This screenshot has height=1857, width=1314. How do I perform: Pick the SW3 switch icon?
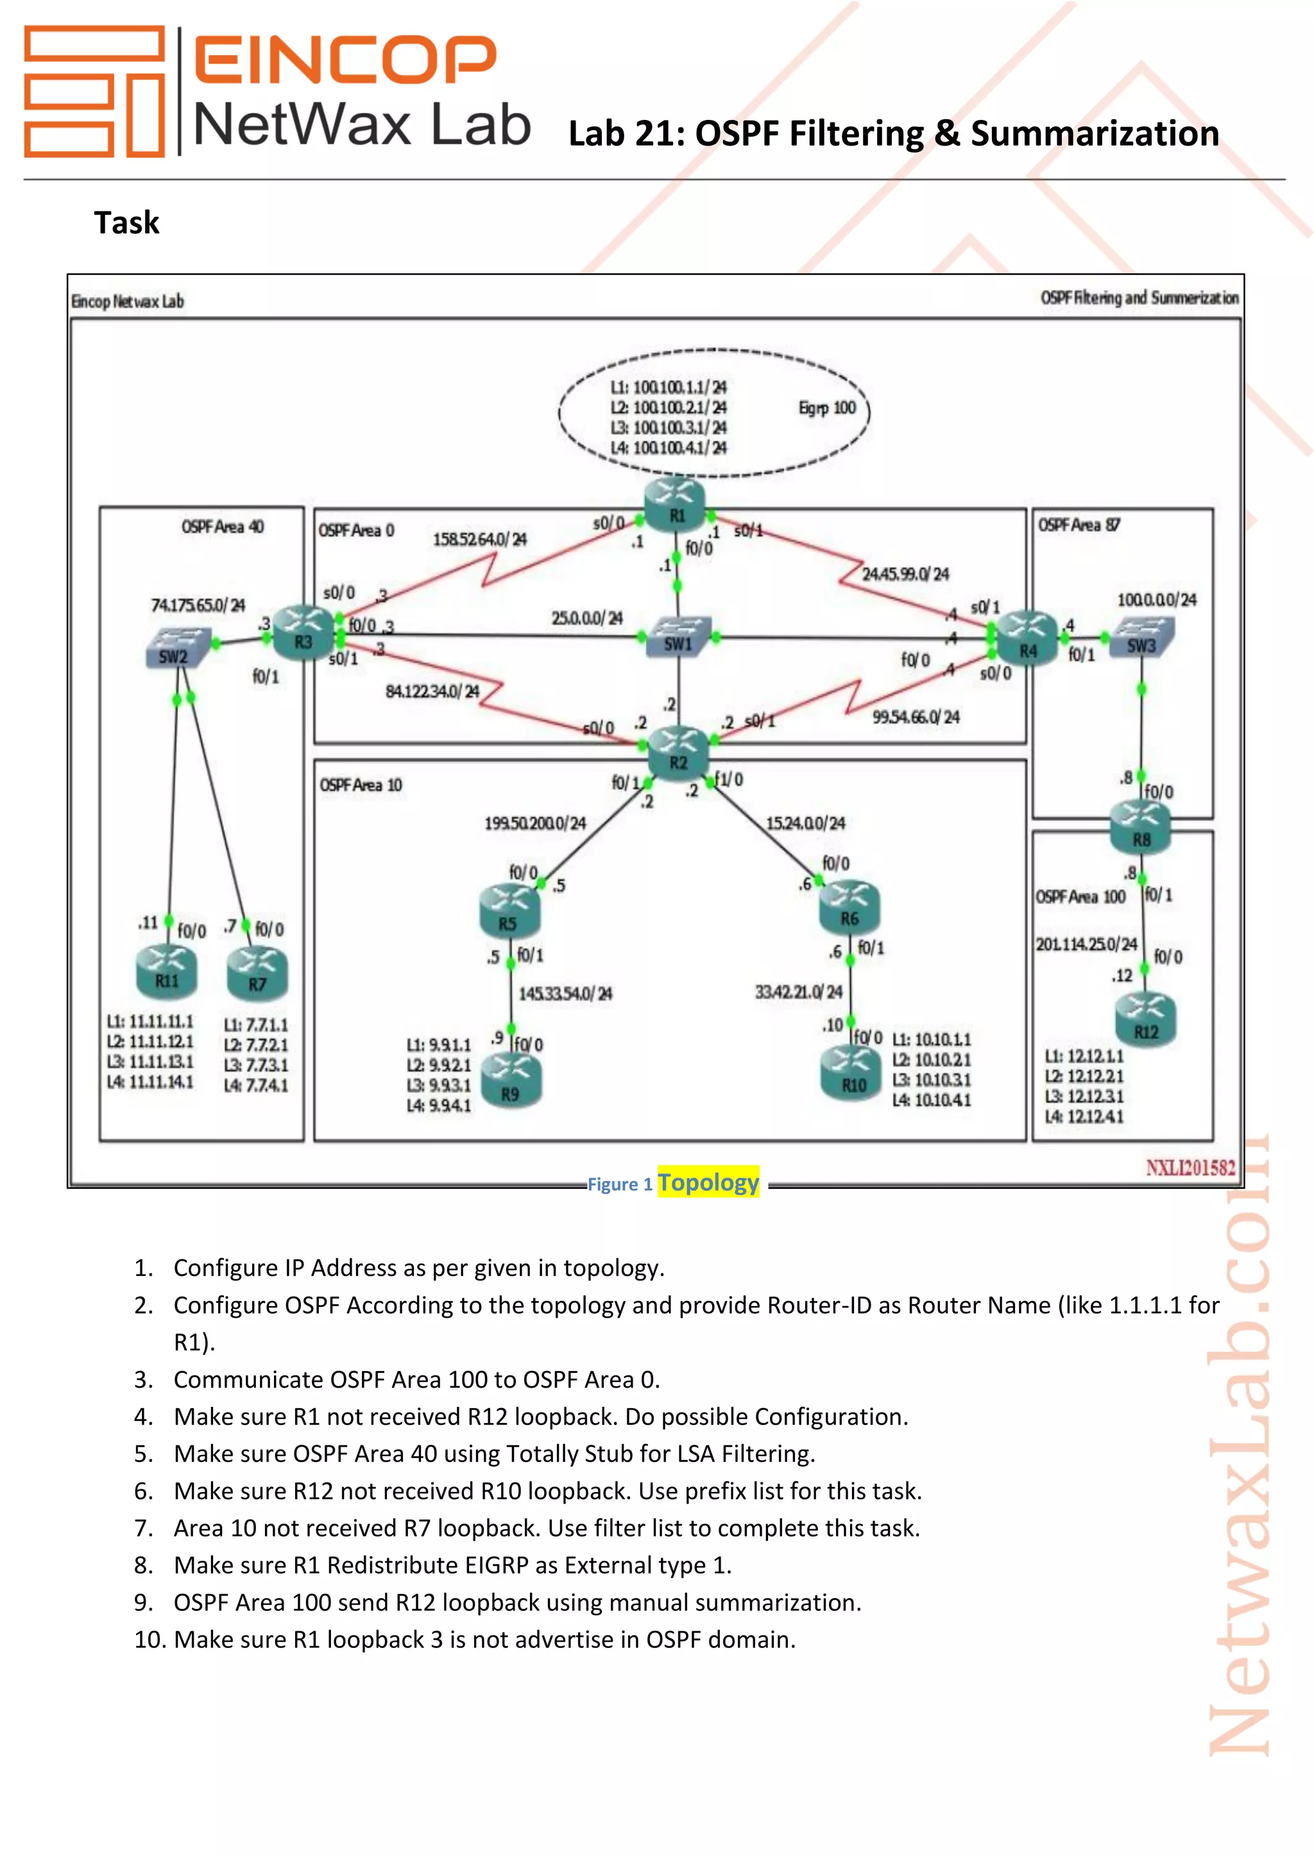[x=1141, y=638]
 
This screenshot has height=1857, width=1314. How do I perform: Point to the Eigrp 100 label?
[x=827, y=408]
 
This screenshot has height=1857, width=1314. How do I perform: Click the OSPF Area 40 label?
[x=223, y=527]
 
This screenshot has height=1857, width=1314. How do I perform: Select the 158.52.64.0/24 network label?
[x=480, y=539]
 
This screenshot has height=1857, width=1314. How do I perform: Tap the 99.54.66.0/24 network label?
[x=916, y=718]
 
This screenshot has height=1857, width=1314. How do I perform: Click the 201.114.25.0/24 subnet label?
[x=1087, y=945]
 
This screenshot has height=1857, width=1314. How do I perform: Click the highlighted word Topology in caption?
[x=708, y=1182]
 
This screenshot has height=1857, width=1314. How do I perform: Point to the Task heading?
[x=127, y=223]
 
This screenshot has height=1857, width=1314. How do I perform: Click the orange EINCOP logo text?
[x=345, y=59]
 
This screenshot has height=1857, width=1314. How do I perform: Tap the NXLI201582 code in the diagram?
[x=1190, y=1167]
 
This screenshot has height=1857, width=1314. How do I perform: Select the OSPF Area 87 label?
[x=1079, y=526]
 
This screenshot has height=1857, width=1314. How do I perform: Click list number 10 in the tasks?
[x=149, y=1640]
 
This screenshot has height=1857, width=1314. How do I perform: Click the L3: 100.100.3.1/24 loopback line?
[x=669, y=428]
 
